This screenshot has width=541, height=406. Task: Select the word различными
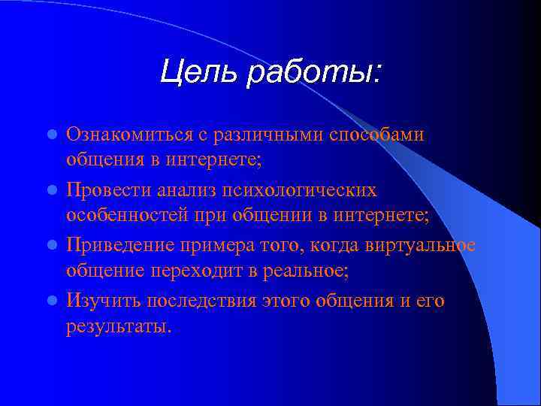coord(277,135)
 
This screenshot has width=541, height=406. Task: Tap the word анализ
coord(190,190)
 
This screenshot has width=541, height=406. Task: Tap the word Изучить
coord(101,301)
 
